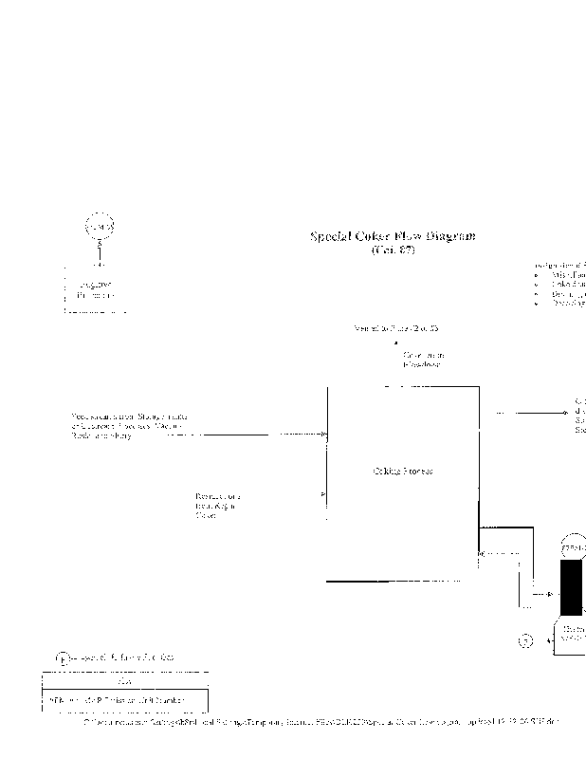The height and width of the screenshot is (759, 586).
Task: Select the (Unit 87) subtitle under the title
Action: click(x=394, y=250)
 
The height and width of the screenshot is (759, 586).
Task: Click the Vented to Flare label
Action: click(x=395, y=329)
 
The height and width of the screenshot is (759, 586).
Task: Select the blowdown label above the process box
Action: click(x=422, y=360)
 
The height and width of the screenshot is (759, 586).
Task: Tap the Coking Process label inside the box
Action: click(x=403, y=472)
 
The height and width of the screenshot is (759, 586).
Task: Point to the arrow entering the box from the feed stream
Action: click(x=321, y=434)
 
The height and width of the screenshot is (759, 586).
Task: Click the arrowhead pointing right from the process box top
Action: click(x=565, y=413)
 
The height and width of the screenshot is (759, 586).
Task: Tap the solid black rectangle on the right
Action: click(x=573, y=588)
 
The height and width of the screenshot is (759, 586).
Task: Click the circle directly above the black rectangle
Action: click(x=575, y=548)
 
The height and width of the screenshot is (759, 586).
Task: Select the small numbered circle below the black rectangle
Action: click(x=527, y=640)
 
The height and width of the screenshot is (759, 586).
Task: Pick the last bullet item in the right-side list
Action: click(x=569, y=304)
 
